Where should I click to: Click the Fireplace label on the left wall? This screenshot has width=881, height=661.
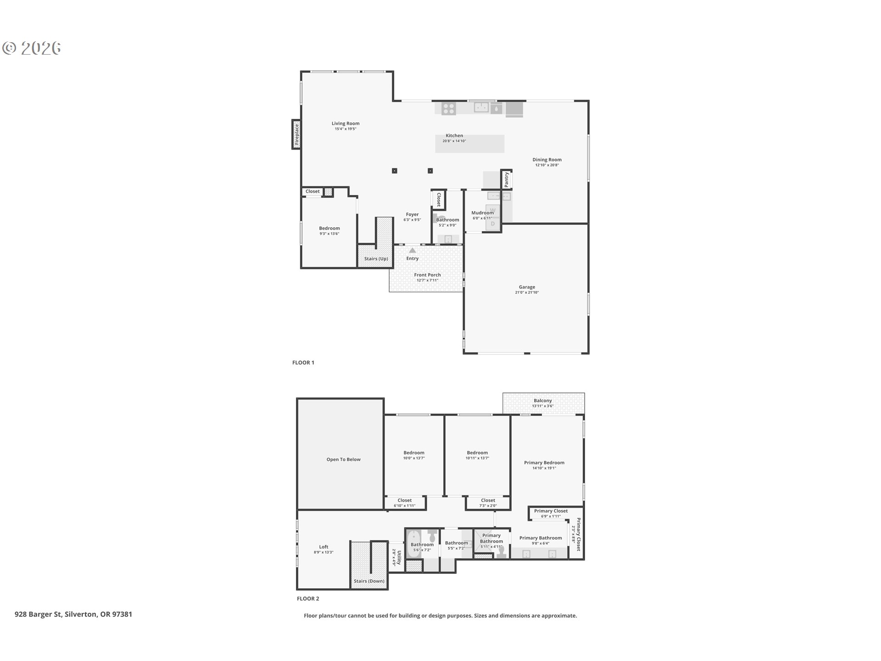[297, 134]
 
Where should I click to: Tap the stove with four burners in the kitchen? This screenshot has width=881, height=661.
[449, 109]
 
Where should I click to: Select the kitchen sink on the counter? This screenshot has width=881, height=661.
[481, 107]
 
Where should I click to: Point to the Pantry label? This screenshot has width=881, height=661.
[507, 179]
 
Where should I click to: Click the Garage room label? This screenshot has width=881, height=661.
[527, 287]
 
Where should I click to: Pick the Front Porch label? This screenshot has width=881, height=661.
[427, 275]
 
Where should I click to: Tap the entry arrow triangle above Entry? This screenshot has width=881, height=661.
[413, 250]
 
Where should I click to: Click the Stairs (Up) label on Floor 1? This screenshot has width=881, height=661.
[376, 259]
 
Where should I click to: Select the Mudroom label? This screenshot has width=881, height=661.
[482, 213]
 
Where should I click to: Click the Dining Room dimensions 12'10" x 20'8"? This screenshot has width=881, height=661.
[546, 165]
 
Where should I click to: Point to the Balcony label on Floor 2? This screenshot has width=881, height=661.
[543, 401]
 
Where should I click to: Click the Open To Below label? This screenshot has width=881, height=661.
[343, 459]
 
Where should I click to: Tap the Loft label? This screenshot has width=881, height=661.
[323, 547]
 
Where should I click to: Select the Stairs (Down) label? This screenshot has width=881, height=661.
[369, 581]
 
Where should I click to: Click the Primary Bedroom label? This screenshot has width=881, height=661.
[544, 463]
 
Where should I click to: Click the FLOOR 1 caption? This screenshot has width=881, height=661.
[303, 363]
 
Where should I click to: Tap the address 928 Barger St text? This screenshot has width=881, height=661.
[73, 614]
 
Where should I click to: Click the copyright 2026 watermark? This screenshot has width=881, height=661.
[32, 48]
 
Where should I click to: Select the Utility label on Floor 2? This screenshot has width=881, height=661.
[399, 557]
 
